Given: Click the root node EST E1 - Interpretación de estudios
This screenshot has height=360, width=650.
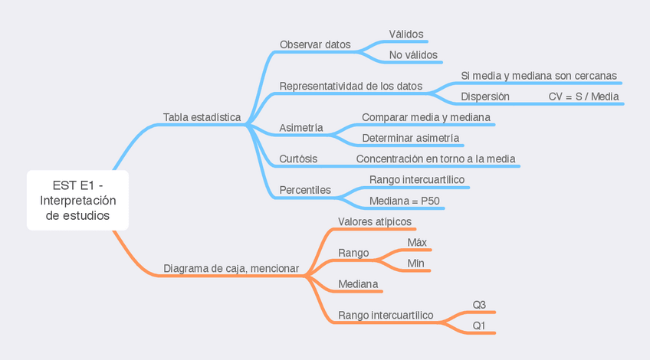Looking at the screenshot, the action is coord(77,200).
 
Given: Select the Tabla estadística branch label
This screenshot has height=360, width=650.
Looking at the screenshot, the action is coord(202,117).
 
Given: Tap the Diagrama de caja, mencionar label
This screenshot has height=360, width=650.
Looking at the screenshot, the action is coord(231,269).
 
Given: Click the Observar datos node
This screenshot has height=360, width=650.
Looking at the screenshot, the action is coord(315,44).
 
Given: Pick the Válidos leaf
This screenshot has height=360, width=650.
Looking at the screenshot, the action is coord(405,34).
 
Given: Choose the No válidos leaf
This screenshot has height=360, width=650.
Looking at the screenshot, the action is coord(413,55).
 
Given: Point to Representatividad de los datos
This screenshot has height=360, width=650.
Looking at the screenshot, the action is coord(350,86).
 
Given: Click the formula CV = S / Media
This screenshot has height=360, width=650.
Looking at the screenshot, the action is coord(583,97).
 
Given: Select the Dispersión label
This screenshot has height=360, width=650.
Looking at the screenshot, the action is coord(484,97).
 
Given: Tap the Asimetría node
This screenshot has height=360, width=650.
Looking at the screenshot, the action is coord(300,127).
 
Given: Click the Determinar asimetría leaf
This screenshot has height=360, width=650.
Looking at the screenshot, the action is coord(410,138).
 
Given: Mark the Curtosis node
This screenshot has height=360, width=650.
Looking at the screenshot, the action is coord(298,159).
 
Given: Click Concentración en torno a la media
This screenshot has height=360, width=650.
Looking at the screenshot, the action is coord(435,159).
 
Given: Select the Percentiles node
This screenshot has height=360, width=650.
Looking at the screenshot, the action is coord(305,189).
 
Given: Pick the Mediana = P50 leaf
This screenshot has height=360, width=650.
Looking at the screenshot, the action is coord(404,201).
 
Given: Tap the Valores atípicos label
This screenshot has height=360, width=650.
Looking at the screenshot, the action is coord(375,221).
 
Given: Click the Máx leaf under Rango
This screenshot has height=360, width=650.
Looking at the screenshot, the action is coord(417,242).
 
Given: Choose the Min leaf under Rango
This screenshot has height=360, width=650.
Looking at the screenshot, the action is coord(415,263).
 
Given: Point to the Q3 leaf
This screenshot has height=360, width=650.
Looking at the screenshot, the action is coord(479,305).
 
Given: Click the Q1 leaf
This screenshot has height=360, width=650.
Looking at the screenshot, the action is coord(479,326).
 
